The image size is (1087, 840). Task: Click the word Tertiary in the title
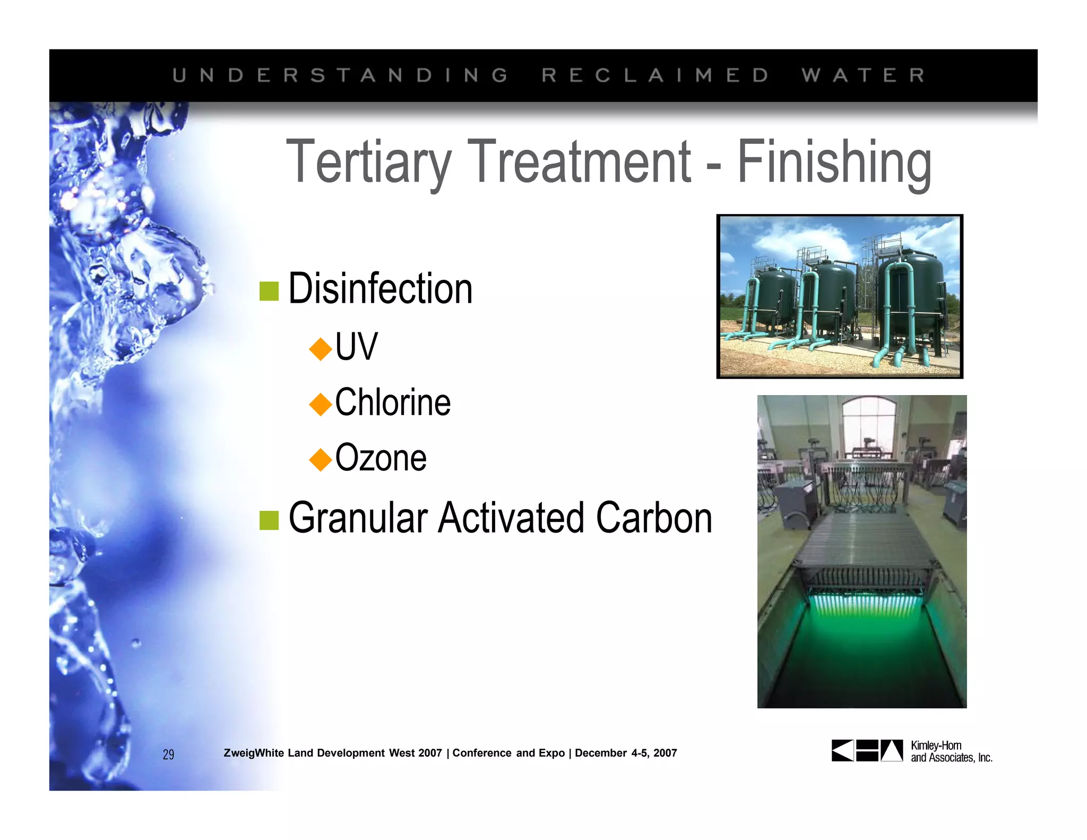pos(368,161)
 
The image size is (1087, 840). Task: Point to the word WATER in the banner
pos(863,75)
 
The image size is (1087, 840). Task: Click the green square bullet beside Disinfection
pos(269,291)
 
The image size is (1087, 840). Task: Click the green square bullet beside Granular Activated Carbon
pos(269,520)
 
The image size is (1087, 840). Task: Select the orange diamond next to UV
pos(321,349)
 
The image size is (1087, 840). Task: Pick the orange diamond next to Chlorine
pos(321,404)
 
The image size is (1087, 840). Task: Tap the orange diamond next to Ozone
pos(321,459)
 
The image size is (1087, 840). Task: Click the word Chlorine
pos(393,402)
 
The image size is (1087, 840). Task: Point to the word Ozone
pos(381,458)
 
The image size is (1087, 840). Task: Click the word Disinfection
pos(380,289)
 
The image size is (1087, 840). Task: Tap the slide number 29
pos(168,755)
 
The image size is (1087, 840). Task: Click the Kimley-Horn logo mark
pos(867,750)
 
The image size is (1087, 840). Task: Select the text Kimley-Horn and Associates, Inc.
pos(951,751)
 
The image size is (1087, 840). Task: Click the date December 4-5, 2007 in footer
pos(626,753)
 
